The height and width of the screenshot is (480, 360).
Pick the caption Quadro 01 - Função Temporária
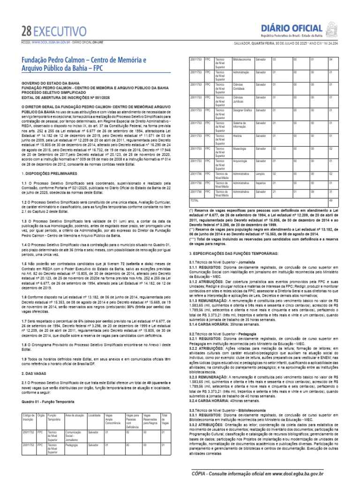[x=48, y=402]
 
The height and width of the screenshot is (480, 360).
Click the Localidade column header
[x=94, y=415]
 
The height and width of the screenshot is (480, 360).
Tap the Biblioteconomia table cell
[x=242, y=60]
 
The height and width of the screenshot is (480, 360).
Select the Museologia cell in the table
[x=240, y=149]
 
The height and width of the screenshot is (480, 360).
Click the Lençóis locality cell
[x=261, y=173]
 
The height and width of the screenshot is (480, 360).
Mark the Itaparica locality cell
[x=261, y=182]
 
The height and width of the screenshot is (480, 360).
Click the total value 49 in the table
[x=330, y=200]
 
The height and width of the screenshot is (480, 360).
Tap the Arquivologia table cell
[x=241, y=161]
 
